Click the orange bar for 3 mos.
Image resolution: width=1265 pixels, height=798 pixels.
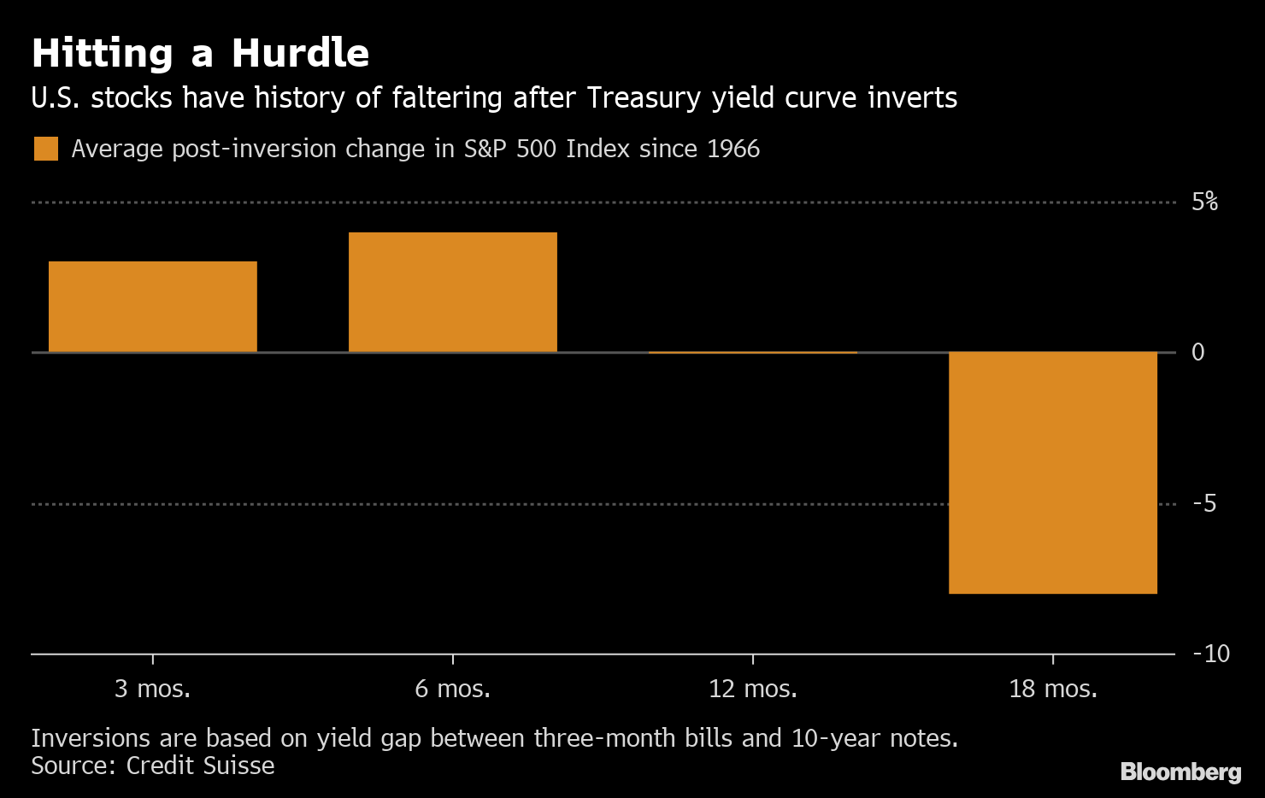pyautogui.click(x=153, y=307)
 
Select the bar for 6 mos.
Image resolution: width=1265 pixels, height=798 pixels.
pyautogui.click(x=453, y=292)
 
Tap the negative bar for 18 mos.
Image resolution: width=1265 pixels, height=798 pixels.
pyautogui.click(x=1052, y=472)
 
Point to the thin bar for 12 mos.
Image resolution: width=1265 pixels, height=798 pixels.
pyautogui.click(x=753, y=352)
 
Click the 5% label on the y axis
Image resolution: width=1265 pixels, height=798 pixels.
pyautogui.click(x=1204, y=202)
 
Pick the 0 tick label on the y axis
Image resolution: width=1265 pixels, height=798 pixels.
pyautogui.click(x=1197, y=352)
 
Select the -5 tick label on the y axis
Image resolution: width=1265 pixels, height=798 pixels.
pyautogui.click(x=1203, y=503)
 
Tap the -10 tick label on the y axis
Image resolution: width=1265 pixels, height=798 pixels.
pyautogui.click(x=1210, y=654)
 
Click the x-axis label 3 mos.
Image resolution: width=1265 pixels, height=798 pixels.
pyautogui.click(x=153, y=689)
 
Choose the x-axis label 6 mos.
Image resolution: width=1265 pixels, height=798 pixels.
pyautogui.click(x=453, y=689)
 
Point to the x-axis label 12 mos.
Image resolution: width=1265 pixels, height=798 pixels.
pyautogui.click(x=753, y=689)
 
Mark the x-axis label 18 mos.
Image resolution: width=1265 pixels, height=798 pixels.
pyautogui.click(x=1052, y=689)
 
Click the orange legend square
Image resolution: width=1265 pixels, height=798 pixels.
pyautogui.click(x=46, y=149)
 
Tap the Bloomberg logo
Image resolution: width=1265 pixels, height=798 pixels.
pyautogui.click(x=1180, y=772)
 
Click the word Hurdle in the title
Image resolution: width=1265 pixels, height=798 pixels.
pyautogui.click(x=300, y=53)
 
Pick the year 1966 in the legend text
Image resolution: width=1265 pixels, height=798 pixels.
pyautogui.click(x=733, y=149)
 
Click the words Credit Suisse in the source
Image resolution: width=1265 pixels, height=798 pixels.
pyautogui.click(x=200, y=766)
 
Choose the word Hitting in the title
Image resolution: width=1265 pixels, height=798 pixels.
pyautogui.click(x=103, y=53)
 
